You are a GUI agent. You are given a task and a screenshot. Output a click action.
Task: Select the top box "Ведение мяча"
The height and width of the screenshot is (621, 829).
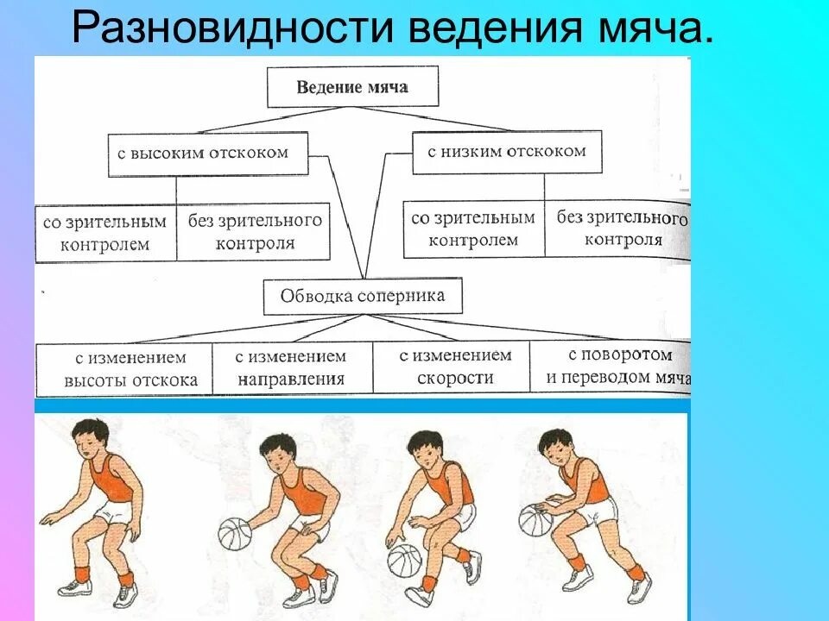pos(352,87)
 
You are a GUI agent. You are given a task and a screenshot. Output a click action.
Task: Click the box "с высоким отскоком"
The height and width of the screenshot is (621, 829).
pos(207,154)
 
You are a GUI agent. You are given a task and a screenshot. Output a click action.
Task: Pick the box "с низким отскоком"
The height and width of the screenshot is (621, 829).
pos(507,152)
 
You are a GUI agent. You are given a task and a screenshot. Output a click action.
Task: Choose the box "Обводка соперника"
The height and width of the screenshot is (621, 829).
pos(363,297)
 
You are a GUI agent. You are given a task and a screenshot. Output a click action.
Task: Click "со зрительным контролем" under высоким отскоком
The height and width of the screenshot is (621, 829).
pos(106,233)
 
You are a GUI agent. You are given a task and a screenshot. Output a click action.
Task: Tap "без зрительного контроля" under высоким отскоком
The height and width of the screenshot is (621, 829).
pos(255,232)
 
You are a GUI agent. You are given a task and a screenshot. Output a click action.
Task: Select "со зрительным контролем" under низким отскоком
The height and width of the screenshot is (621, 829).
pos(473,229)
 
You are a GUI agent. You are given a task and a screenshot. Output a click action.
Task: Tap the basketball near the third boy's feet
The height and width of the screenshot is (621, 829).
pos(404,561)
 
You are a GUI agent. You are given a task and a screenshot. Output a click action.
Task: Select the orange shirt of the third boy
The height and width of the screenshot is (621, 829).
pos(452,485)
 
